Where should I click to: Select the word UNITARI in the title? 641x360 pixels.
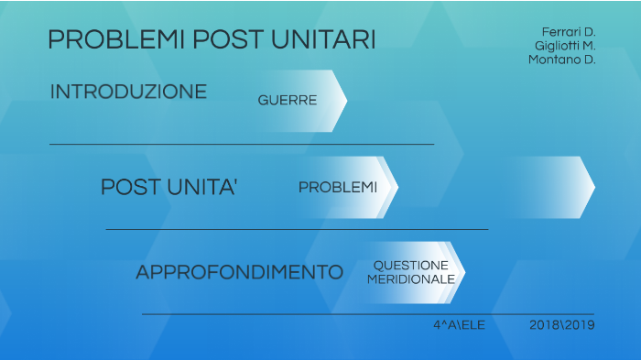click(323, 40)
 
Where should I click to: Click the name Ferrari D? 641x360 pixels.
click(569, 32)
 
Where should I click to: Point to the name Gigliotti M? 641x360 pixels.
click(565, 46)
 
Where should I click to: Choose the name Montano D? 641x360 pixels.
click(562, 60)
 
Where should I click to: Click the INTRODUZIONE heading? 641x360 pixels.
click(128, 93)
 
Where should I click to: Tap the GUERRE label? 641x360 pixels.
click(288, 101)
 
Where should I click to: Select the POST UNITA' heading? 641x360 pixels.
click(169, 188)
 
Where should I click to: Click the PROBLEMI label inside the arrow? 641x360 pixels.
click(338, 188)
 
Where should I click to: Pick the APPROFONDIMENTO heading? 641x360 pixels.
click(239, 273)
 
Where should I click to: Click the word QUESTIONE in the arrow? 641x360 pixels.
click(410, 266)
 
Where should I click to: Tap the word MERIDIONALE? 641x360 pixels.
click(411, 278)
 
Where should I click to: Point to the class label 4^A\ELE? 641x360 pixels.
click(459, 325)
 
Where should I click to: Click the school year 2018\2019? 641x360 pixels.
click(562, 325)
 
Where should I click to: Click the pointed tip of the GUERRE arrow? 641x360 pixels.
click(344, 101)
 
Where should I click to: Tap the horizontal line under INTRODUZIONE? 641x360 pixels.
click(242, 145)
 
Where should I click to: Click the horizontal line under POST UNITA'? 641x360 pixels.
click(297, 229)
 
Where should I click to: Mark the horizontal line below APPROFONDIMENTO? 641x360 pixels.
click(366, 314)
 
